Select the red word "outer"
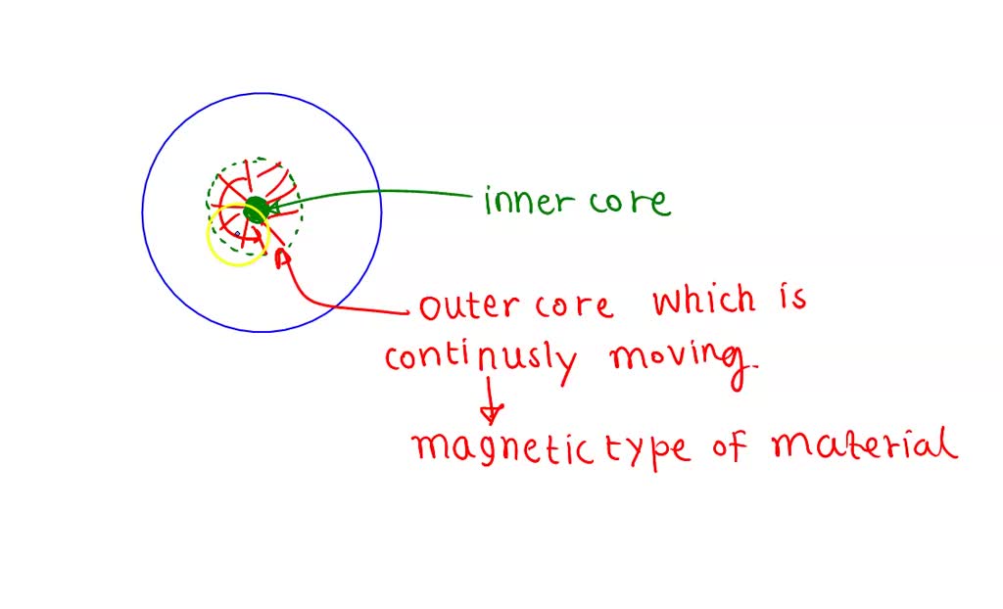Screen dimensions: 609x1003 tap(466, 306)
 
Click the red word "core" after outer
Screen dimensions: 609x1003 tap(574, 306)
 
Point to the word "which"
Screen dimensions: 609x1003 tap(704, 301)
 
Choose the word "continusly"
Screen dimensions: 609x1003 tap(481, 359)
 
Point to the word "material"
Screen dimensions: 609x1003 tap(863, 445)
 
